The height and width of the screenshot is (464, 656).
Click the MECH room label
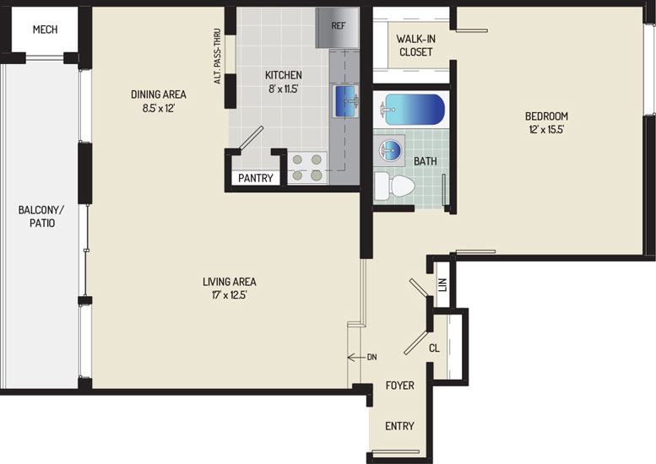(x=46, y=30)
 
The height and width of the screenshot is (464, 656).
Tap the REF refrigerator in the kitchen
(x=337, y=28)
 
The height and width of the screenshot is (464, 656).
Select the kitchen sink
(x=345, y=101)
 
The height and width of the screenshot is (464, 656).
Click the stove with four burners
(x=307, y=168)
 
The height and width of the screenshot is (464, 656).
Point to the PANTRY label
(x=256, y=178)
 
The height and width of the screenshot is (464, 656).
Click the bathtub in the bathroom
(x=411, y=110)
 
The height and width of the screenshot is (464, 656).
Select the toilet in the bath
(x=394, y=186)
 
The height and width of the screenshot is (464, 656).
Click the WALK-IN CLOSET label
(x=416, y=46)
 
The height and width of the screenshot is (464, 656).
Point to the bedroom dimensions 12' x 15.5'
(x=547, y=130)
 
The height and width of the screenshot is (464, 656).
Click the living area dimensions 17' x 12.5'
(x=230, y=295)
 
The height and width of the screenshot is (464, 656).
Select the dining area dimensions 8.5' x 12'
(x=158, y=108)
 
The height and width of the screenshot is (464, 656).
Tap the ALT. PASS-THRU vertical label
(x=217, y=56)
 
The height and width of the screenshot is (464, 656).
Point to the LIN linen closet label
(x=442, y=285)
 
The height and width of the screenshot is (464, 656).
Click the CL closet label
(x=434, y=348)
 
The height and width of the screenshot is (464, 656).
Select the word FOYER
(x=400, y=386)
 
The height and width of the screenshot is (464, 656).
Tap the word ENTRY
(x=399, y=426)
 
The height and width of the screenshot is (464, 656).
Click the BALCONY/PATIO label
(x=42, y=217)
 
